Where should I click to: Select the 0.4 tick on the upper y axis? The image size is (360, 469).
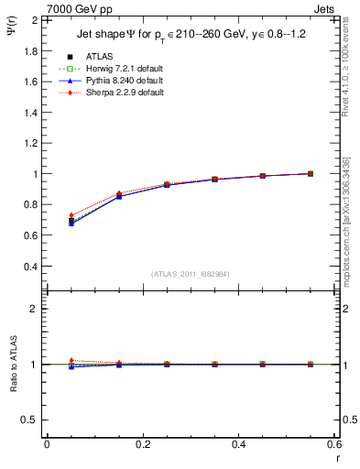(x=32, y=267)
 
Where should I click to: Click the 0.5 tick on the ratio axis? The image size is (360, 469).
(x=32, y=420)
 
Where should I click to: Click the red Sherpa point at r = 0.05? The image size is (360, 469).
(x=71, y=215)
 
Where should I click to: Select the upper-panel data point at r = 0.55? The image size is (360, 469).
(x=310, y=173)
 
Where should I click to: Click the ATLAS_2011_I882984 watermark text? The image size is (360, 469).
(x=191, y=273)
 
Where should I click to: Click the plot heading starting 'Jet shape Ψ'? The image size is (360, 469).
(x=190, y=36)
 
